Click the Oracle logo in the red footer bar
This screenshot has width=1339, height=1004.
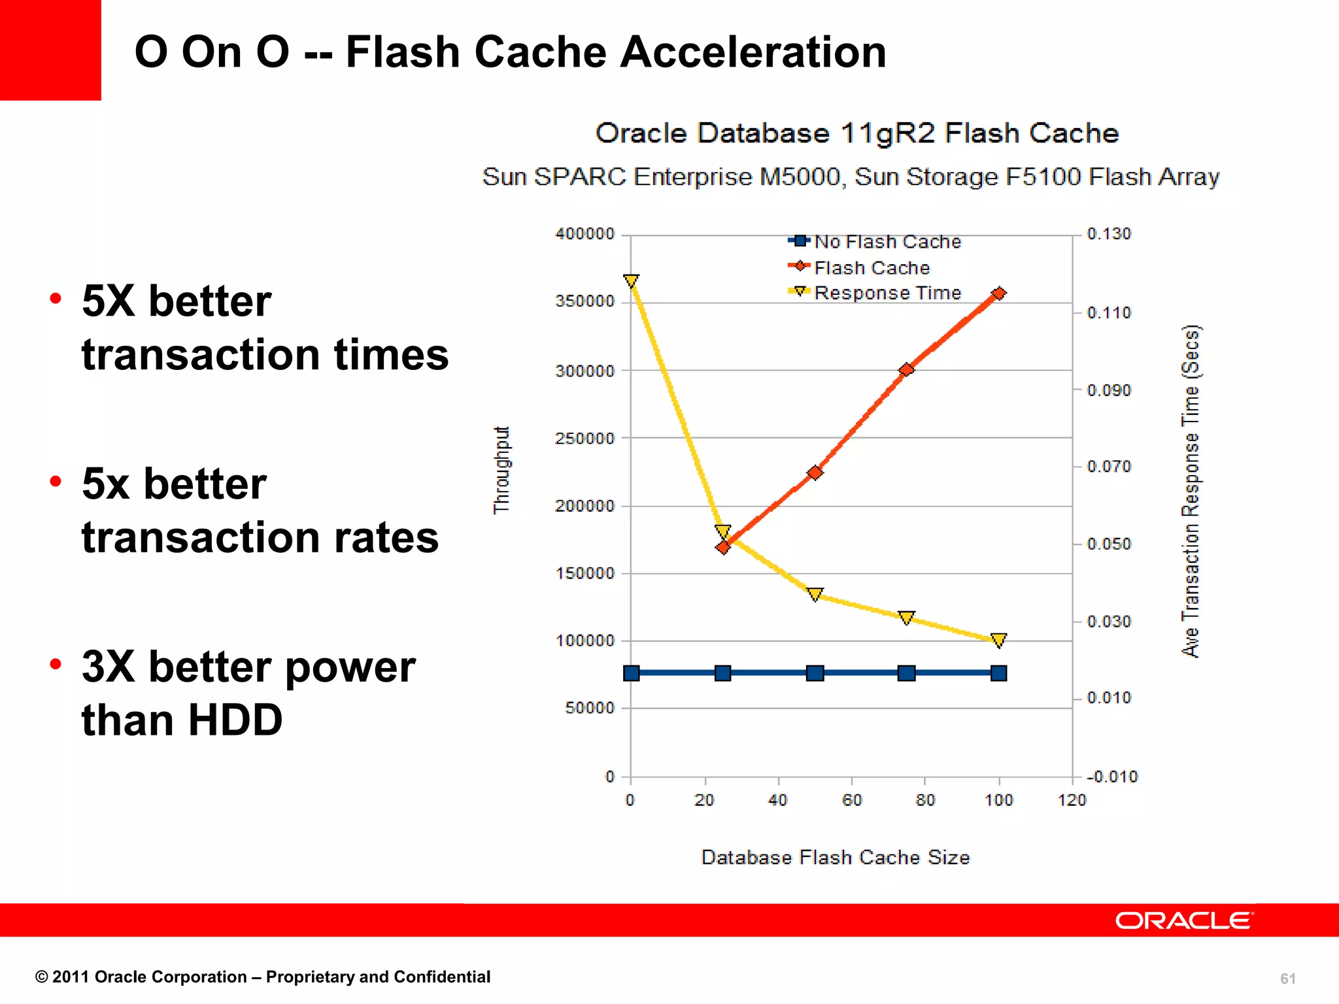pos(1184,920)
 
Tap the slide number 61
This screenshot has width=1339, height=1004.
pos(1287,979)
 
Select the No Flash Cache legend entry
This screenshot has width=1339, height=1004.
pos(875,242)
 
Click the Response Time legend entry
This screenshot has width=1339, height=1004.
pos(875,293)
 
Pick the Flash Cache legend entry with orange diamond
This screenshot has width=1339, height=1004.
pos(859,268)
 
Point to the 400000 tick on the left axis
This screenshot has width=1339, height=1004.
pos(585,234)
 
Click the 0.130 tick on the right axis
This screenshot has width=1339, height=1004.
pos(1109,234)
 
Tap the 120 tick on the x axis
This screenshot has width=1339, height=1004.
pos(1072,800)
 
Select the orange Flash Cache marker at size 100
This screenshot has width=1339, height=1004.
pos(998,294)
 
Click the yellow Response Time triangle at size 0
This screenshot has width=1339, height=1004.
pos(631,281)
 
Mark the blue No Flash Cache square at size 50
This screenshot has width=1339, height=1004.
pos(815,673)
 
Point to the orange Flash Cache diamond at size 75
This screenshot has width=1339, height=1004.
pos(906,370)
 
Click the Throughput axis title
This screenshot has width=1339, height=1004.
pos(501,471)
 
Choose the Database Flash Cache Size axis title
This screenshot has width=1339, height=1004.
pos(835,858)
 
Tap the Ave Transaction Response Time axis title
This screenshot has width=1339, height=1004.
pos(1191,492)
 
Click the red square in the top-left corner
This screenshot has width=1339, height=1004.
pos(50,50)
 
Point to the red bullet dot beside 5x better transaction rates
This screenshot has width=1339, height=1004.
pos(56,482)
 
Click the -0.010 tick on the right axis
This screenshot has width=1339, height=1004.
pos(1111,777)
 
